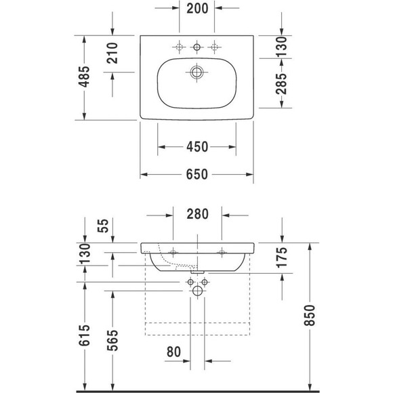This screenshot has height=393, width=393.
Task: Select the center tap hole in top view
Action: (197, 46)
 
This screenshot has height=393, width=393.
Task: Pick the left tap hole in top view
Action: (179, 46)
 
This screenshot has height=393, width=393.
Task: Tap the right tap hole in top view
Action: (215, 46)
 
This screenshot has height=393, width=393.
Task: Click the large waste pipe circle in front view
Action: (197, 291)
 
